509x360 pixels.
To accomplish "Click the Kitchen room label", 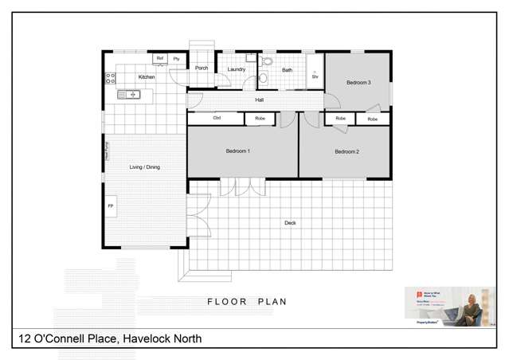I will (x=147, y=77).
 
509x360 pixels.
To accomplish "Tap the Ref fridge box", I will (x=160, y=58).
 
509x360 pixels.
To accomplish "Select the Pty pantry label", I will (x=177, y=58).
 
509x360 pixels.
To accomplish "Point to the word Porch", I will (x=202, y=68).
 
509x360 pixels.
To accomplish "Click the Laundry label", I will (x=236, y=69).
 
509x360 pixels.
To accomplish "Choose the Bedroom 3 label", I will (x=358, y=83).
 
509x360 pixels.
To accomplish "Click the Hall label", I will (x=260, y=100).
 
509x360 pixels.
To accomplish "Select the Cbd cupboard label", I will (x=217, y=119).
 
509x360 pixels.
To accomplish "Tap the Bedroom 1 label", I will (x=237, y=151).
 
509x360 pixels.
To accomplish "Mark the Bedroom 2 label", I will (x=347, y=151).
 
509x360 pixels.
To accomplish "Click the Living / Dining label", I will (x=145, y=167).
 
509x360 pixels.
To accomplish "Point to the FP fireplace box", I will (x=111, y=206).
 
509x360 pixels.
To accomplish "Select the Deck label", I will (x=290, y=223).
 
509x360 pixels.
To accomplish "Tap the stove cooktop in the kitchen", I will (x=110, y=79).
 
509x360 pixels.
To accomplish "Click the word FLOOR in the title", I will (x=225, y=302).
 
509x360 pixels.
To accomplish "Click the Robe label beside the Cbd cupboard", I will (x=260, y=119).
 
